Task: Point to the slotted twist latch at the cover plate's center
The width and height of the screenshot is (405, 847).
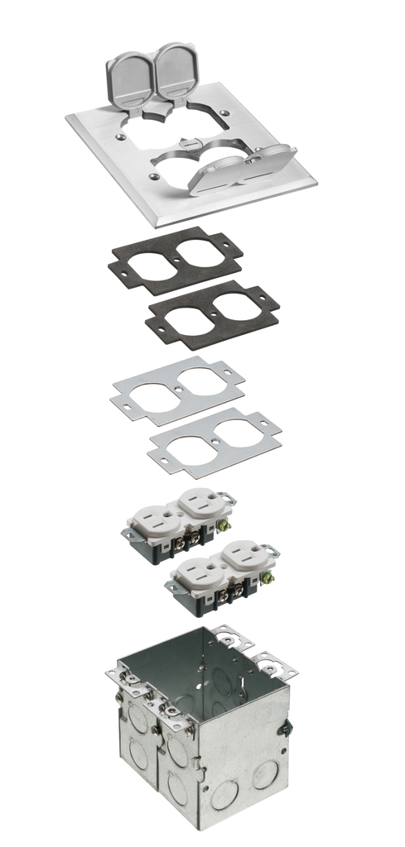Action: [189, 148]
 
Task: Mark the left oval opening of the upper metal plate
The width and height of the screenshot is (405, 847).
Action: [154, 389]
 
